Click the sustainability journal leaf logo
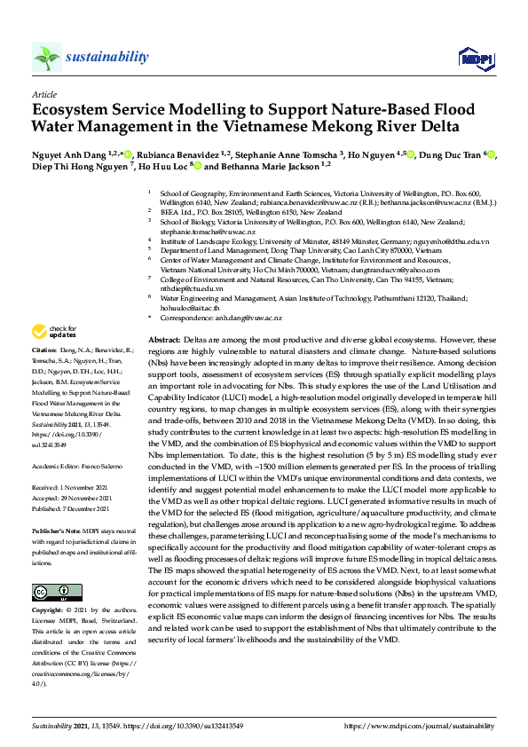coord(47,58)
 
